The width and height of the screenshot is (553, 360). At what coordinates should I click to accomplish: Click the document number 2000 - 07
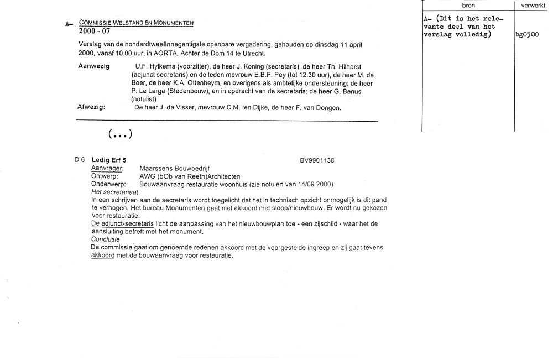click(94, 32)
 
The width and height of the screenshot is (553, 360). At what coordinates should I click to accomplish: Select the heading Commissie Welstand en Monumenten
click(136, 23)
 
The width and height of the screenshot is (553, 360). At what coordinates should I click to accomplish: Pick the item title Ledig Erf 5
click(109, 160)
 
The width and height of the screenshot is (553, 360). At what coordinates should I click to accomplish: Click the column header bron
click(468, 5)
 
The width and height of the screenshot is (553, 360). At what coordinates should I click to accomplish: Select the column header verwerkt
click(534, 5)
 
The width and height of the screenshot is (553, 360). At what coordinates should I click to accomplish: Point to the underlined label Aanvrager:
click(107, 168)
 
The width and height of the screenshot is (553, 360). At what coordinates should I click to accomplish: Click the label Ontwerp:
click(106, 176)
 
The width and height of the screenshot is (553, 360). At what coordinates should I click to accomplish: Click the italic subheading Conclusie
click(105, 239)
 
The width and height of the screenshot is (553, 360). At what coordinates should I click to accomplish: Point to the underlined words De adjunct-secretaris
click(122, 223)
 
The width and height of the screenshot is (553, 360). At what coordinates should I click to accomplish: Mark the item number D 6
click(80, 160)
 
